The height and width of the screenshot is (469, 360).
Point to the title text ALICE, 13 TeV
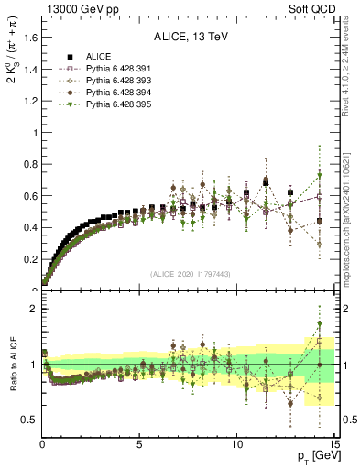(190, 38)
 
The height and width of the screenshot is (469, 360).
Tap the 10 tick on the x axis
(236, 444)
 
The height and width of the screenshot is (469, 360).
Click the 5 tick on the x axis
(139, 444)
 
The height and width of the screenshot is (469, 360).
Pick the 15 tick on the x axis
(333, 444)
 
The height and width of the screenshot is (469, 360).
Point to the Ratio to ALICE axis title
(11, 365)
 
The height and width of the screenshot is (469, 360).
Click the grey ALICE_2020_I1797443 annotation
(190, 274)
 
